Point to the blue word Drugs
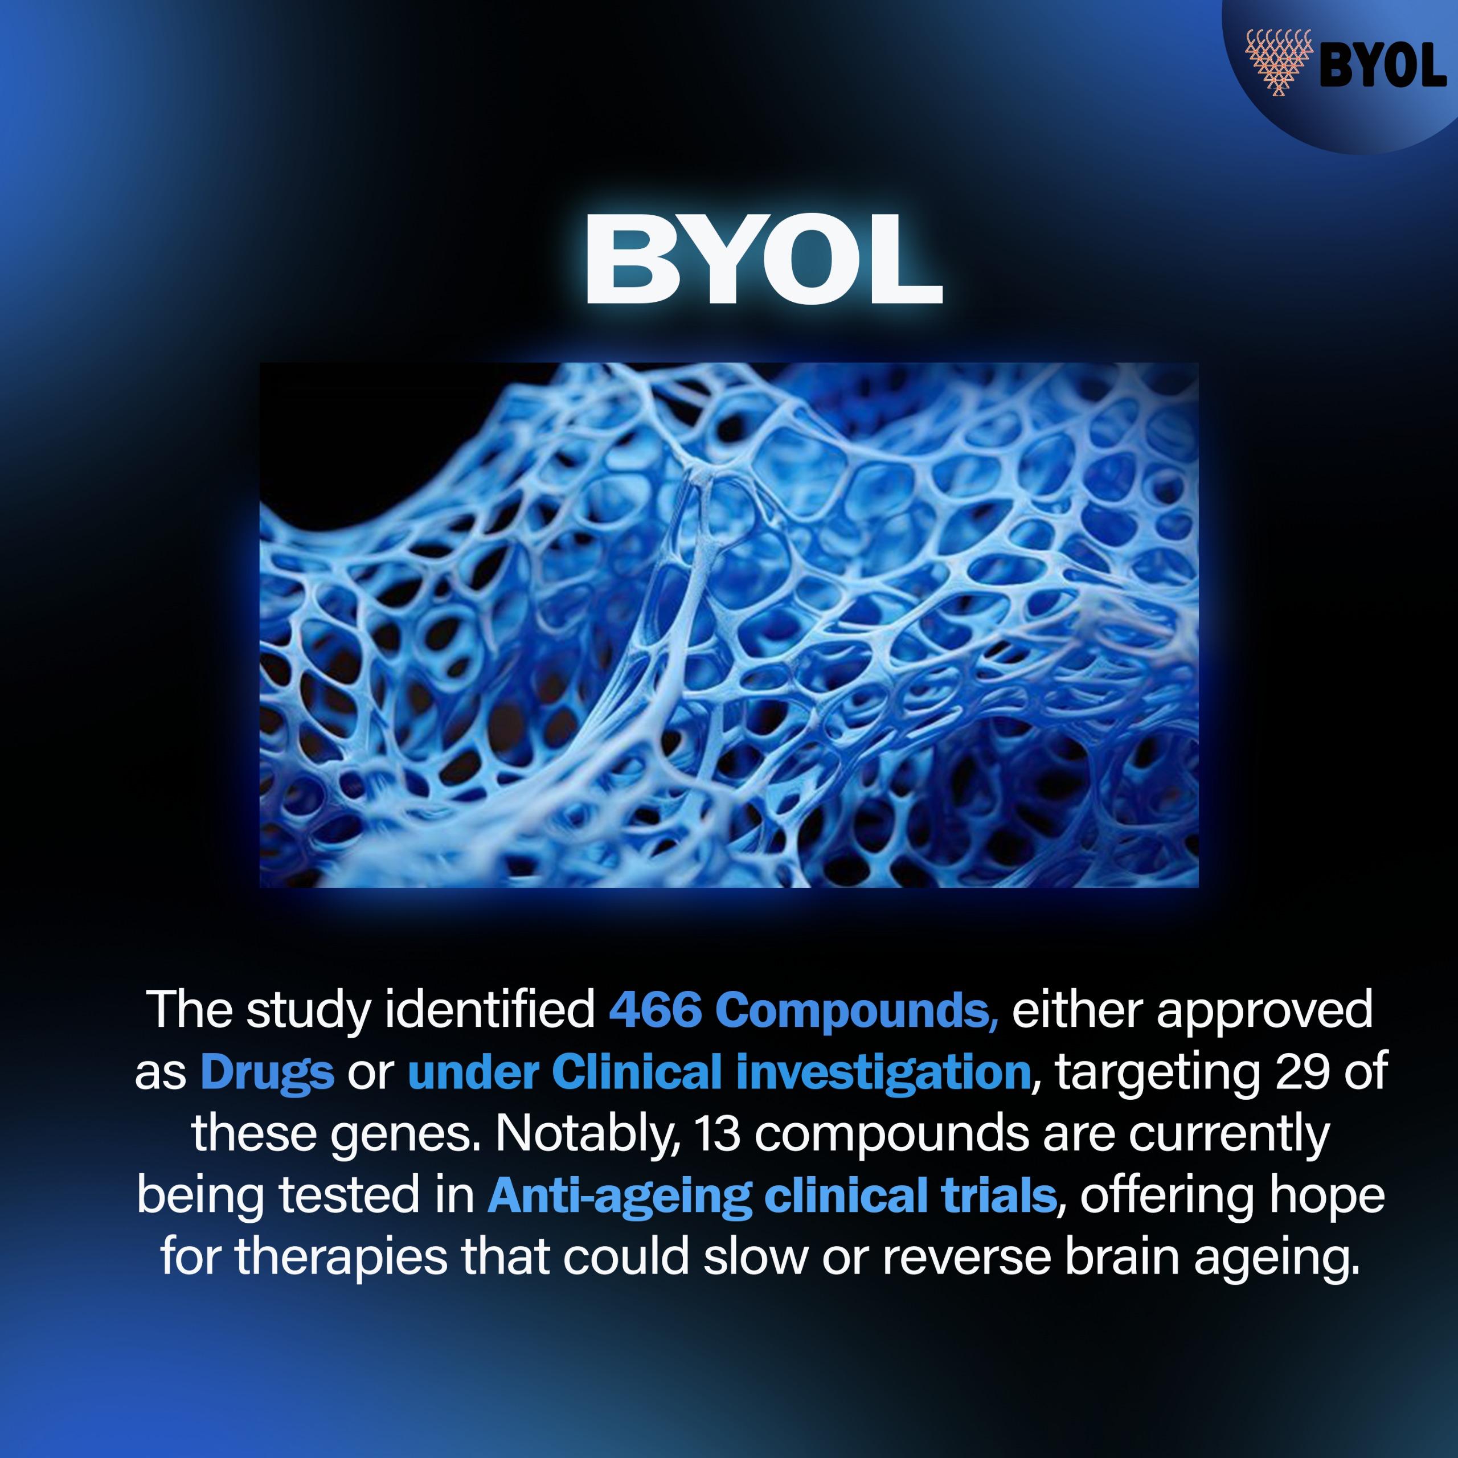(x=267, y=1073)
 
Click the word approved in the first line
(x=1265, y=1012)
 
